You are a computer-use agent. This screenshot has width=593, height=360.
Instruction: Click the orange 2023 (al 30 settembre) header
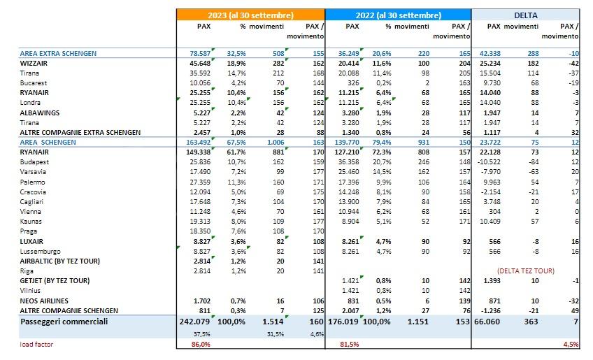coord(250,15)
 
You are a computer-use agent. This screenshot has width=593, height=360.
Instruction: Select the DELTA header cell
coord(526,15)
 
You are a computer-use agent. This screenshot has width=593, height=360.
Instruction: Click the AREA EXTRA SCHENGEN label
coord(57,52)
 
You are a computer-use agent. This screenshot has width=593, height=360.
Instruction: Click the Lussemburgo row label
coord(40,250)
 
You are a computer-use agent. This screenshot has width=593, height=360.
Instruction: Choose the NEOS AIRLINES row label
coord(45,300)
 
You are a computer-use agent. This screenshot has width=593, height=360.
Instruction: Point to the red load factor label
coord(37,345)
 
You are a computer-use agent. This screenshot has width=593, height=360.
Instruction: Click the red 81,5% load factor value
coord(350,345)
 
